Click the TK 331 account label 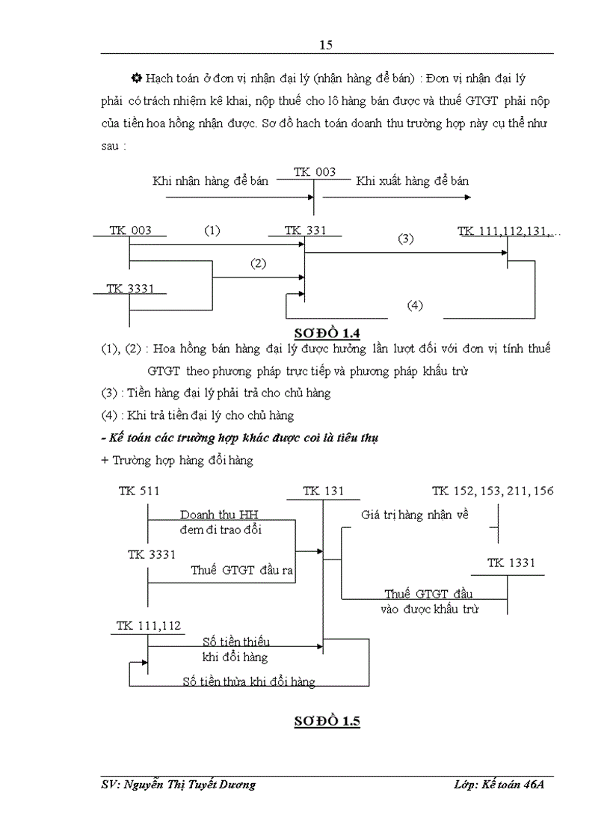[306, 230]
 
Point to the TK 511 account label [139, 491]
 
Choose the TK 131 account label [323, 491]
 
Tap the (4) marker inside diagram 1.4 [415, 304]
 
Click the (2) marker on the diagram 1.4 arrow [259, 263]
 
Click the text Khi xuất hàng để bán [412, 181]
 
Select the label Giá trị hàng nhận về [414, 515]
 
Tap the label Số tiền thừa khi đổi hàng [249, 681]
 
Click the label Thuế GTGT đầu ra [241, 570]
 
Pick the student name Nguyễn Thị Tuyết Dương [178, 785]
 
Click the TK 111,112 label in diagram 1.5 [148, 625]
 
